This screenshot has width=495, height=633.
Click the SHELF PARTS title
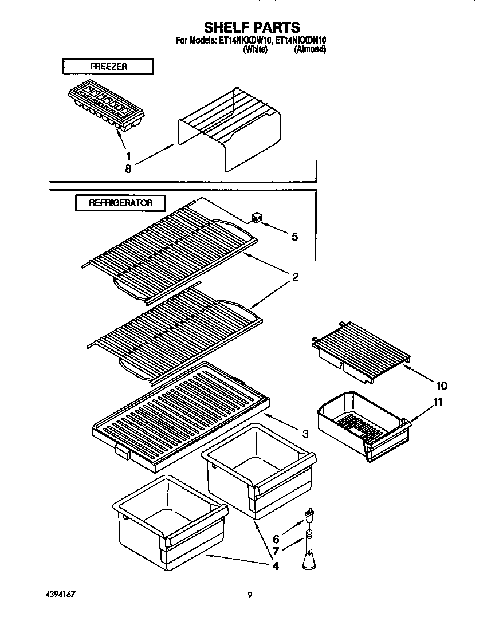[252, 27]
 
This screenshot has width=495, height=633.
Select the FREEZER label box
[108, 66]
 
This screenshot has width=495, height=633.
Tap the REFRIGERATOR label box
[120, 203]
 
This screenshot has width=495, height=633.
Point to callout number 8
[128, 169]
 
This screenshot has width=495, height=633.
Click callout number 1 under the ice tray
[128, 155]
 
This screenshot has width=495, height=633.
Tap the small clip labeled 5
[256, 217]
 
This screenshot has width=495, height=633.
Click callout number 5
[294, 237]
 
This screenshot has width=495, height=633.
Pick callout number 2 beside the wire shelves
[296, 278]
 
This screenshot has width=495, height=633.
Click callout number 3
[305, 434]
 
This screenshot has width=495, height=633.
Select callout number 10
[442, 386]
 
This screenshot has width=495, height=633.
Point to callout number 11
[438, 402]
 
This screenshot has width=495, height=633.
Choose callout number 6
[276, 539]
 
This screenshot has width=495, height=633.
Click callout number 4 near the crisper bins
[276, 567]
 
